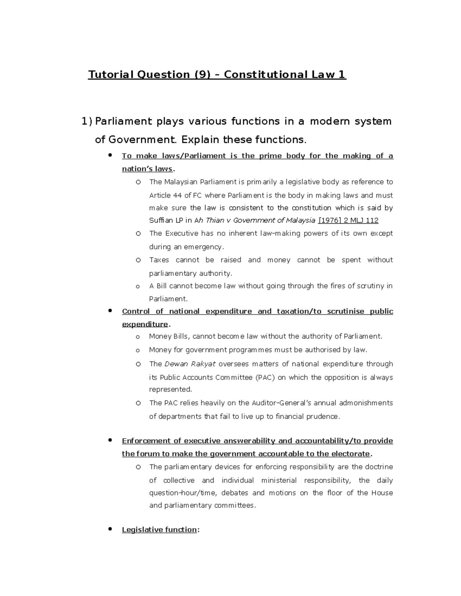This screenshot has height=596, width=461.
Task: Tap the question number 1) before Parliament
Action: coord(87,121)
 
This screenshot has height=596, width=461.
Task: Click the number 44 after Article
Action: coord(177,195)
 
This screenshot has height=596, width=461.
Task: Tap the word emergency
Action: coord(204,247)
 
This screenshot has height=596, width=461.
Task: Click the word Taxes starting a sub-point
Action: coord(159,260)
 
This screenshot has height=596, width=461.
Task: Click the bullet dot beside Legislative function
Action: coord(110,529)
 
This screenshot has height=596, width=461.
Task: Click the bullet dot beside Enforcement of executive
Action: coord(110,440)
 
